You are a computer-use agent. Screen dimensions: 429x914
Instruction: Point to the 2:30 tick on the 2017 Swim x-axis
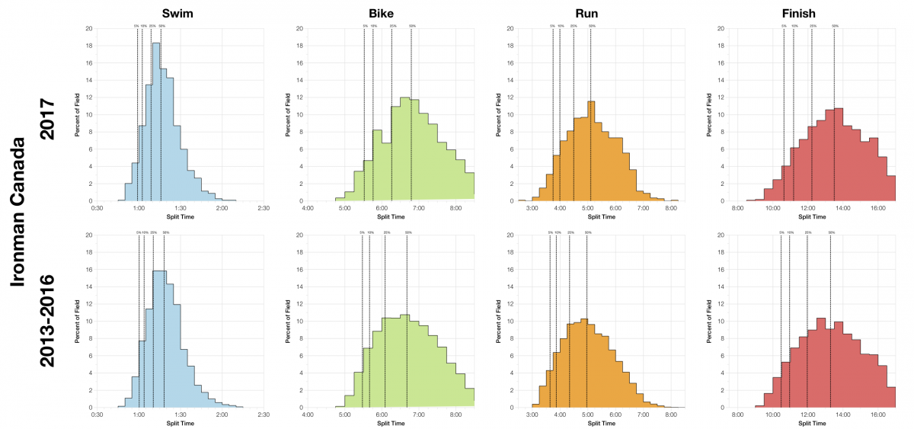pos(264,208)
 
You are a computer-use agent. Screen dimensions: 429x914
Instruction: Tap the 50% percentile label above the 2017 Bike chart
pos(412,26)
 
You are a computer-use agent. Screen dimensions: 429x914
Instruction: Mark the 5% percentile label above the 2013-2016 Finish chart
pos(781,232)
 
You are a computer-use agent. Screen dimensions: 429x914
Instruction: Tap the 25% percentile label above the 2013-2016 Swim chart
pos(153,232)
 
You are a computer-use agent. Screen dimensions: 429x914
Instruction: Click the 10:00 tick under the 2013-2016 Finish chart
pos(772,415)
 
